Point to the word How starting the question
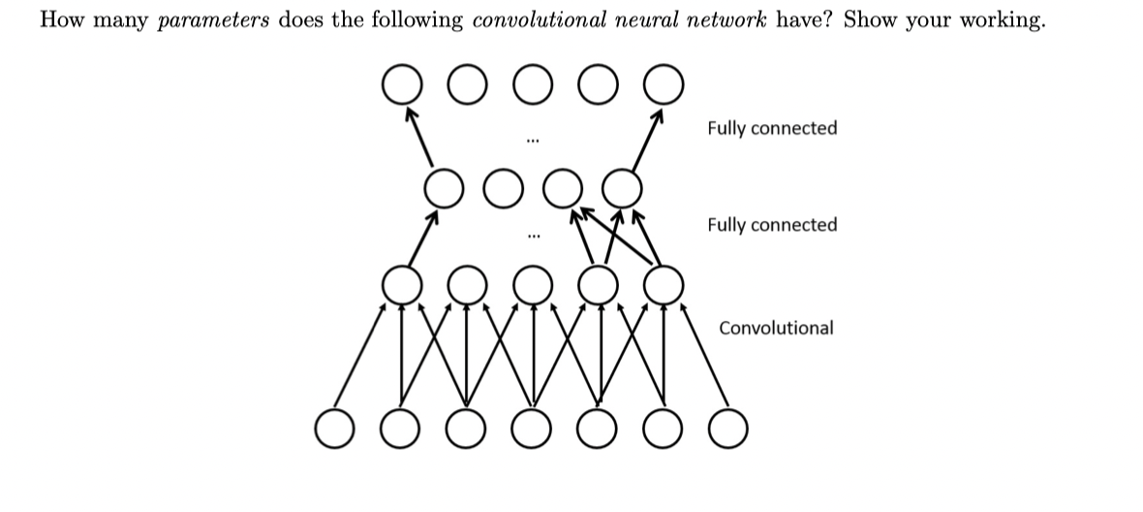point(57,21)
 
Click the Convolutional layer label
point(775,328)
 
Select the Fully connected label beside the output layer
point(772,128)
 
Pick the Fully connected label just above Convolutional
point(772,225)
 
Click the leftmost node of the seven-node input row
point(334,427)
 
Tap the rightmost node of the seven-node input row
point(728,427)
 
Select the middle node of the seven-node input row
point(531,427)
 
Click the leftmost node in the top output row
point(400,84)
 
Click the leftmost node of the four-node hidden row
point(444,184)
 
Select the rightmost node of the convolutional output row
point(663,283)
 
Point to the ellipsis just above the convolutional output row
point(531,236)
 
